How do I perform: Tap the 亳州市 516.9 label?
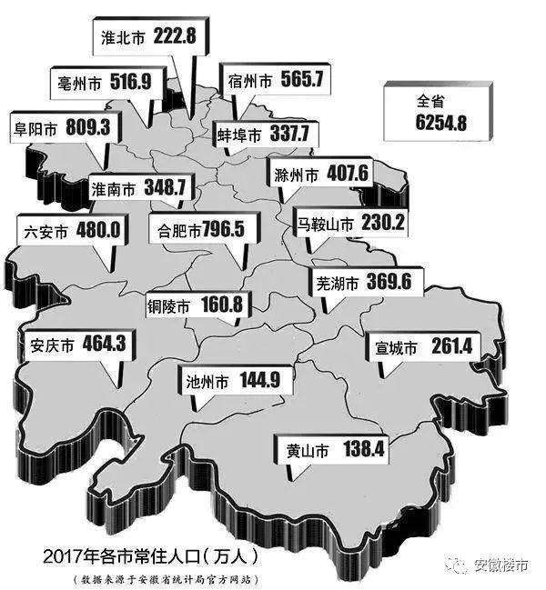[x=100, y=84]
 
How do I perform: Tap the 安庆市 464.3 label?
[x=69, y=345]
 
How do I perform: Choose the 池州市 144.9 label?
[x=233, y=381]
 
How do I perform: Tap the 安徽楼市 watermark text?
[x=500, y=565]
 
